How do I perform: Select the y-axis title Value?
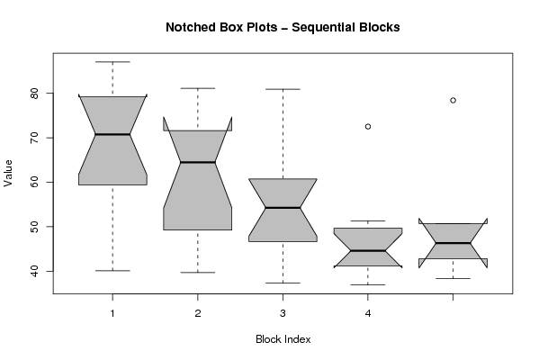(x=8, y=174)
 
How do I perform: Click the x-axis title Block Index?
(x=283, y=339)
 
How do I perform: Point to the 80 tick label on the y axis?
(x=35, y=94)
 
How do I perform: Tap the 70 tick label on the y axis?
(x=35, y=138)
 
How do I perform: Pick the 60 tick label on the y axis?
(x=35, y=182)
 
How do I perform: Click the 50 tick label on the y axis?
(x=35, y=227)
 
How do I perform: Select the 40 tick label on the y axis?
(x=35, y=271)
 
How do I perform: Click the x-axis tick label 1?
(x=112, y=313)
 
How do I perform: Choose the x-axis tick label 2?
(x=198, y=313)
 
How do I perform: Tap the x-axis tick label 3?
(x=283, y=313)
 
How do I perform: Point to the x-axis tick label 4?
(x=368, y=313)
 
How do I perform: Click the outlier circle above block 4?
(x=368, y=127)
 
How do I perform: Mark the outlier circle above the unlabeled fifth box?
(x=453, y=101)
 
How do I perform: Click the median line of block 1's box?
(x=112, y=134)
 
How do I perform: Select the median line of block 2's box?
(x=198, y=162)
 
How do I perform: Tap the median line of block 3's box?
(x=283, y=208)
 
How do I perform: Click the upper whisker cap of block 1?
(x=112, y=62)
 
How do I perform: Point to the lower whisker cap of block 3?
(x=283, y=283)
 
